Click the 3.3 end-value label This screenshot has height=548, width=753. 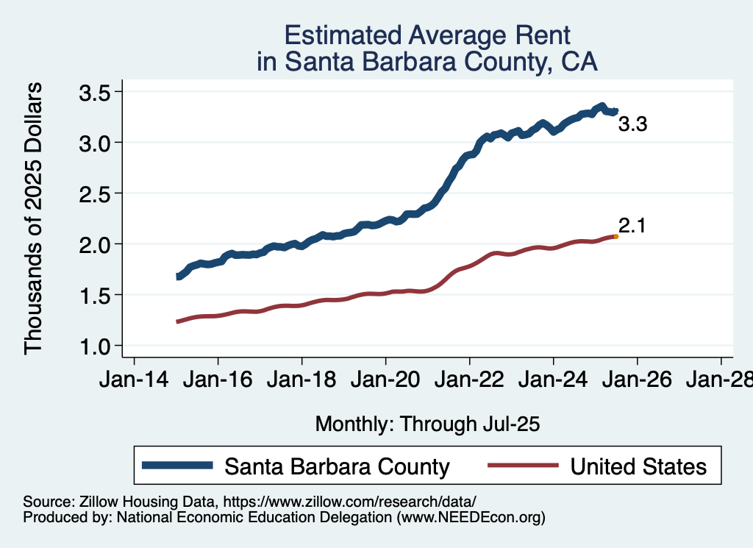pyautogui.click(x=632, y=125)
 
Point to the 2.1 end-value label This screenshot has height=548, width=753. pyautogui.click(x=632, y=226)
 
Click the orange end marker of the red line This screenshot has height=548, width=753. pyautogui.click(x=615, y=236)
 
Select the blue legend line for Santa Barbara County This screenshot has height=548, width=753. pyautogui.click(x=179, y=466)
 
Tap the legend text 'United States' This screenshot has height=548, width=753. pyautogui.click(x=638, y=466)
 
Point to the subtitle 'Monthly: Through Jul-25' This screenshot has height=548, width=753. pyautogui.click(x=427, y=424)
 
